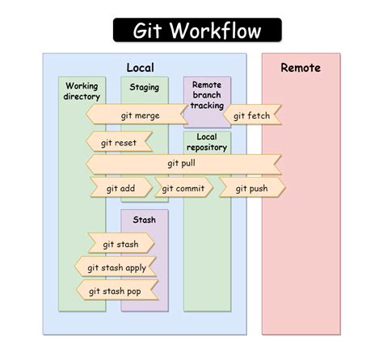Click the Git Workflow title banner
pyautogui.click(x=197, y=31)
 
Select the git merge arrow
pyautogui.click(x=140, y=115)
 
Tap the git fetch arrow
pyautogui.click(x=250, y=115)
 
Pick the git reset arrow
pyautogui.click(x=119, y=143)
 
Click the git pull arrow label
pyautogui.click(x=182, y=164)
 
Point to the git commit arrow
pyautogui.click(x=183, y=189)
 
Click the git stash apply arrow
pyautogui.click(x=116, y=268)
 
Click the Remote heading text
pyautogui.click(x=301, y=68)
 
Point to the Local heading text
pyautogui.click(x=140, y=68)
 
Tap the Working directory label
pyautogui.click(x=82, y=91)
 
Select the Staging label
pyautogui.click(x=144, y=87)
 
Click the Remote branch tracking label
pyautogui.click(x=207, y=94)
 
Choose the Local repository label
pyautogui.click(x=207, y=142)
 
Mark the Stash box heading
pyautogui.click(x=144, y=220)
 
